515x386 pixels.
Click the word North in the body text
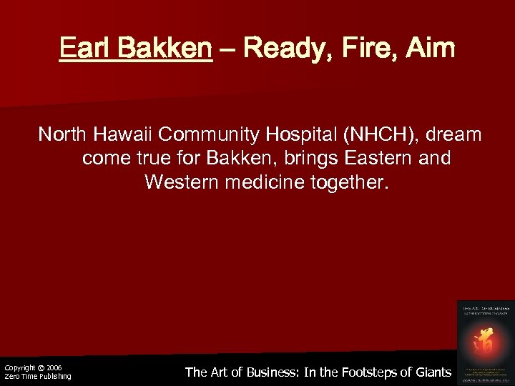(x=60, y=134)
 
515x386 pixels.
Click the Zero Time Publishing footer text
(x=38, y=377)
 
